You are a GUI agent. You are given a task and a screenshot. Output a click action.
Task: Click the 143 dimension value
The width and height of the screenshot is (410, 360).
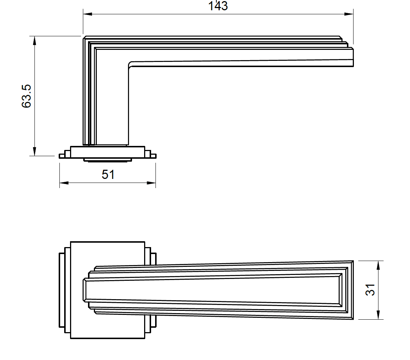(218, 6)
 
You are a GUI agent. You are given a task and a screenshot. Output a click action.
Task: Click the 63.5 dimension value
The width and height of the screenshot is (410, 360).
(27, 96)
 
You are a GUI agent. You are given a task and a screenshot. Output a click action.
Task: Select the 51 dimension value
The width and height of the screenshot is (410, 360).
(108, 175)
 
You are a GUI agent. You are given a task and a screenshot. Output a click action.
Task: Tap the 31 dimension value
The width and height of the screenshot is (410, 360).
(371, 290)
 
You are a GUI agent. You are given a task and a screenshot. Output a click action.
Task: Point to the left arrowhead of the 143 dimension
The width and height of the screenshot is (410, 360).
(87, 14)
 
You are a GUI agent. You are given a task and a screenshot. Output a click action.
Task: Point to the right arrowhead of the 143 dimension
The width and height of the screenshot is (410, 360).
(349, 14)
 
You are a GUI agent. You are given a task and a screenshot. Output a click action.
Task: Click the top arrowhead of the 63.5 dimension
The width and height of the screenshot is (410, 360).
(35, 41)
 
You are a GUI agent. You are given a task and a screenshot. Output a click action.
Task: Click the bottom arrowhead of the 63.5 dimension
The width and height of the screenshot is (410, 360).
(35, 151)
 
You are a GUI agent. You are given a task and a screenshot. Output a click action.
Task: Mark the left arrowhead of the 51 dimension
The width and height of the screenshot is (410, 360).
(64, 183)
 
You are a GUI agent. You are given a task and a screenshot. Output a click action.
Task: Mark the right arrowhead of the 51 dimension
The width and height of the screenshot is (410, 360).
(151, 183)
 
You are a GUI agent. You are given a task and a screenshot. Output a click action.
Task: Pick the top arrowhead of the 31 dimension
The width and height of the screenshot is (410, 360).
(378, 265)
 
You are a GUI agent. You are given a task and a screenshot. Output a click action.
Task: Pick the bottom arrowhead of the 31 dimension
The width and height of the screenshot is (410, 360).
(378, 315)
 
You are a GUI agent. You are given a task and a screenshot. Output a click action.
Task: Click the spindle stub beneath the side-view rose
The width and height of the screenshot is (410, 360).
(107, 159)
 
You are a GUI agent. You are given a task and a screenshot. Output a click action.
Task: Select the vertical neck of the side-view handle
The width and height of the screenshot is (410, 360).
(110, 106)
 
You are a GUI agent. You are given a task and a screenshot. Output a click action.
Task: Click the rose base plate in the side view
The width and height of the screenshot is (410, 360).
(107, 152)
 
